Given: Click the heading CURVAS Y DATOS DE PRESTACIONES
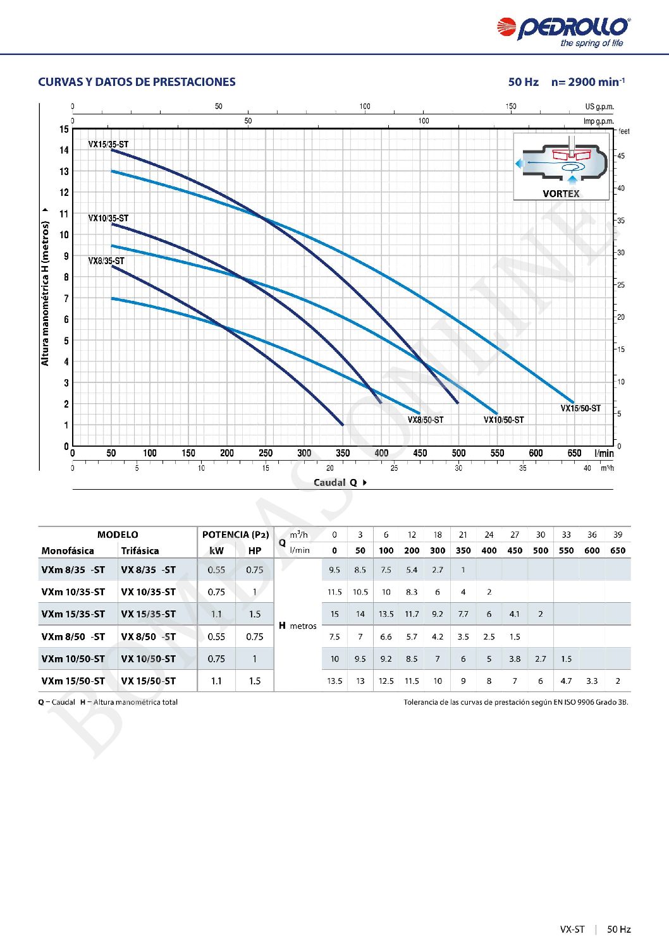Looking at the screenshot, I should click(137, 82).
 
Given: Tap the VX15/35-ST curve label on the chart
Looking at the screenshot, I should click(108, 144).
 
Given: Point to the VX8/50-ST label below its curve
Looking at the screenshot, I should click(426, 420).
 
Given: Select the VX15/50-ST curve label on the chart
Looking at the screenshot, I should click(580, 408).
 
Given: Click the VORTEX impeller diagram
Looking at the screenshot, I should click(561, 166).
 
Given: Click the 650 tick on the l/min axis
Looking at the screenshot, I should click(574, 453).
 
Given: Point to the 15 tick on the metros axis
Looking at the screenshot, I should click(64, 130).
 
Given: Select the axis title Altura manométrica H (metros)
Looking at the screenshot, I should click(45, 293).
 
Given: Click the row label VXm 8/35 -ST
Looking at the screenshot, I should click(73, 570).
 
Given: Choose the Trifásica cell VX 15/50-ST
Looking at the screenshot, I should click(148, 681).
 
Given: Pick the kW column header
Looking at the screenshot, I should click(216, 551).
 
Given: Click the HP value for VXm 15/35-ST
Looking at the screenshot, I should click(255, 614).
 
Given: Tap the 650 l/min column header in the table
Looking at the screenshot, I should click(618, 550).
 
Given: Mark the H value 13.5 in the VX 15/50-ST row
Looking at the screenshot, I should click(334, 681).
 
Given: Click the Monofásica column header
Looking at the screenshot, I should click(68, 551).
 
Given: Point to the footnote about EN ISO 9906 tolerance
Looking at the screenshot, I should click(516, 702).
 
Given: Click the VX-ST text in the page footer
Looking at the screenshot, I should click(572, 929).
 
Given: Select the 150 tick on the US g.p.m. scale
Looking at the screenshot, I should click(511, 106).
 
